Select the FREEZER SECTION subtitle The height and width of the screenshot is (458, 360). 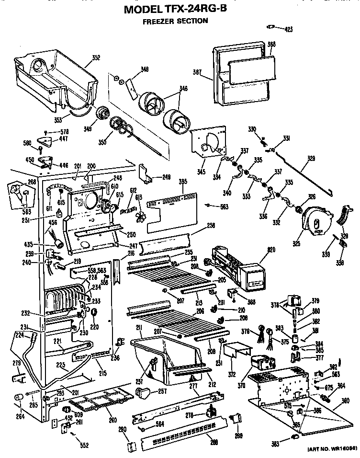176,21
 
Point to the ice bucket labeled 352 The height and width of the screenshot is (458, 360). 53,77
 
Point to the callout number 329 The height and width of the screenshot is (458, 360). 311,158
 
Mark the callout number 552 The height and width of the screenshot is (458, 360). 84,446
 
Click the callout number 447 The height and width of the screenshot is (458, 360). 63,139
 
